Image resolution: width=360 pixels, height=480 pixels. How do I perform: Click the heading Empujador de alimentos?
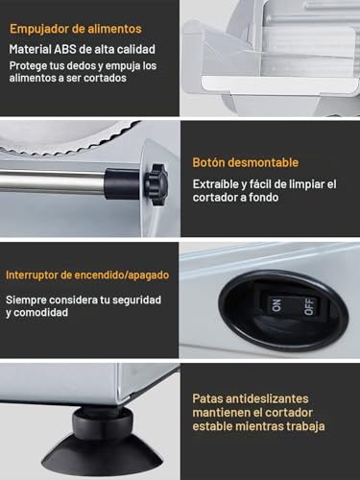click(x=76, y=29)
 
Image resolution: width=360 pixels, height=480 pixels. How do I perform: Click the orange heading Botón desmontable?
click(x=246, y=162)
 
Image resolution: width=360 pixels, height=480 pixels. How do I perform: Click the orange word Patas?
click(x=208, y=396)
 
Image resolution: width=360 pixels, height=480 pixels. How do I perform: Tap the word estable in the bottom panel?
click(x=212, y=425)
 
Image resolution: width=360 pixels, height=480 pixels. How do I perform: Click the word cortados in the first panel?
click(x=124, y=80)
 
